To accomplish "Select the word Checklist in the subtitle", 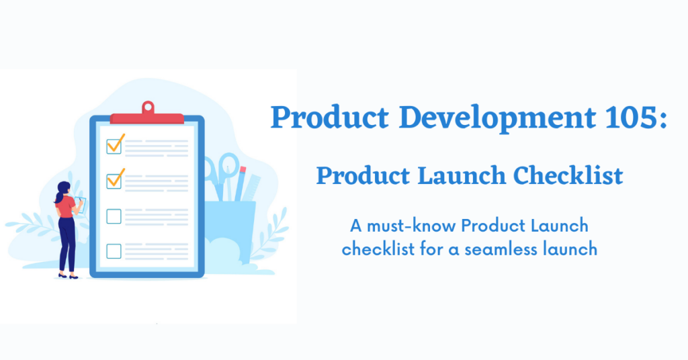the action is pyautogui.click(x=568, y=175).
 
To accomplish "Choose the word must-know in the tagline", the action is pyautogui.click(x=411, y=226).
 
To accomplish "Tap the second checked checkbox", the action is pyautogui.click(x=114, y=181).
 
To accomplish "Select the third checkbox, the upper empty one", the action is pyautogui.click(x=114, y=216).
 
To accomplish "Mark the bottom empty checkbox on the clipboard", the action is pyautogui.click(x=114, y=251).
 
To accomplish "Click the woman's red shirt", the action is pyautogui.click(x=66, y=207).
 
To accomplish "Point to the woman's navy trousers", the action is pyautogui.click(x=67, y=244).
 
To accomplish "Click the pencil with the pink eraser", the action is pyautogui.click(x=240, y=184).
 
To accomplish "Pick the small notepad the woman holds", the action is pyautogui.click(x=81, y=205).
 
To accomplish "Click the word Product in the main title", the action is pyautogui.click(x=329, y=118).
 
